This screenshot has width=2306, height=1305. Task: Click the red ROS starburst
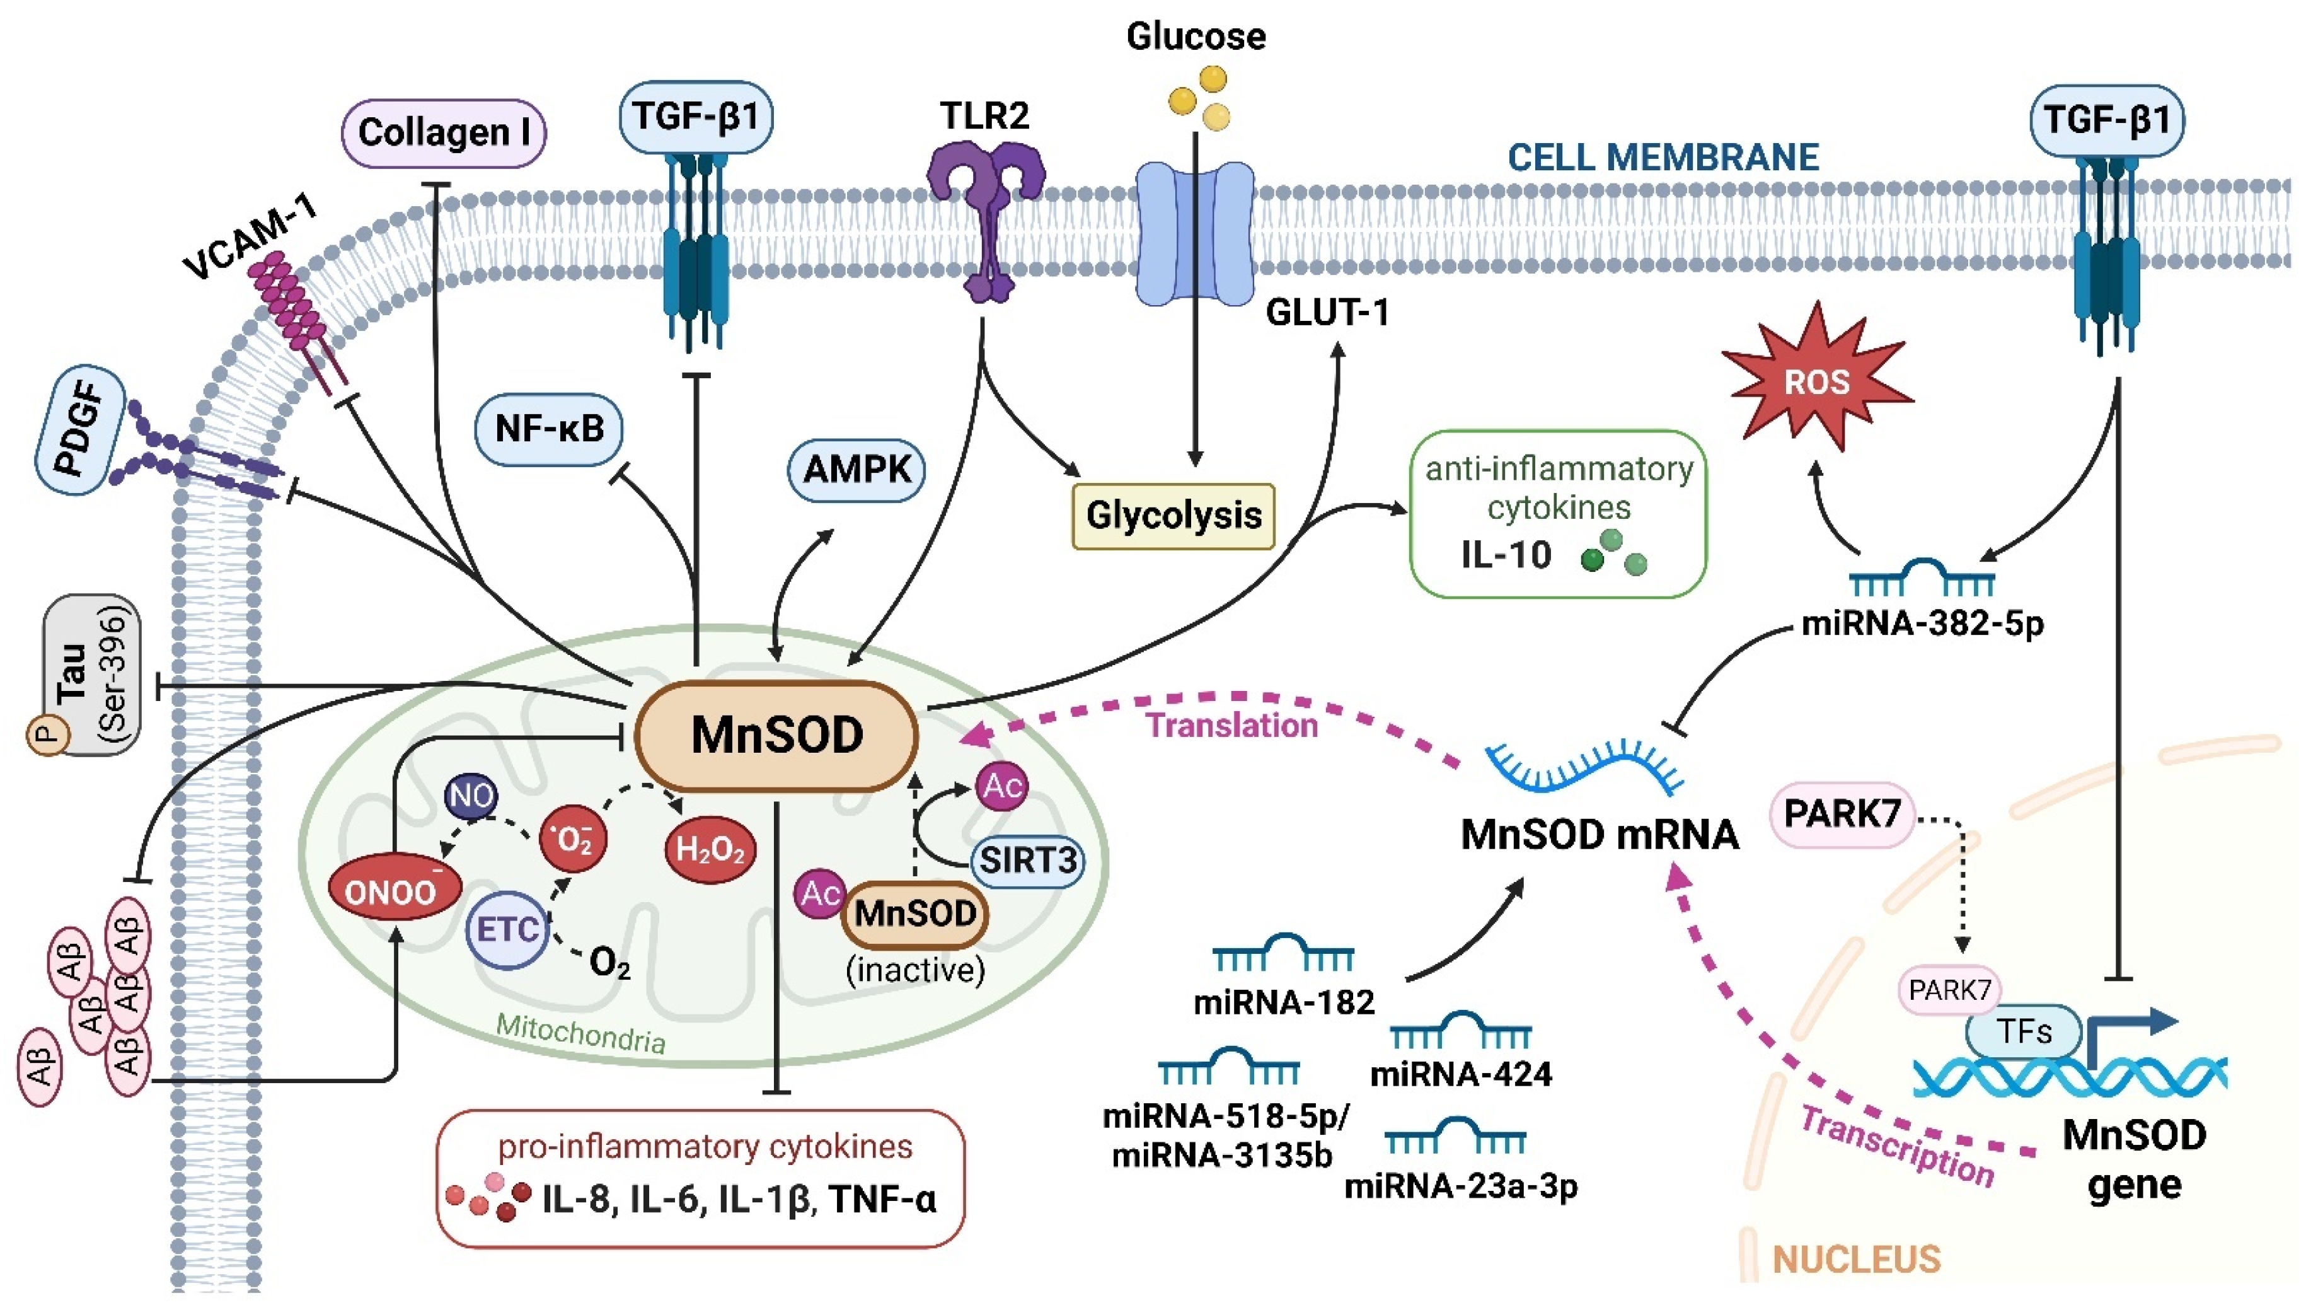click(x=1816, y=383)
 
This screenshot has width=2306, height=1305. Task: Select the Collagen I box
click(x=444, y=132)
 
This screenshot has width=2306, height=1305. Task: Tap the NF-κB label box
click(x=549, y=429)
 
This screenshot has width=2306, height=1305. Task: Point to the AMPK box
click(x=856, y=469)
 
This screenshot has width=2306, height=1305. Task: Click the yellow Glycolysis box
click(x=1173, y=515)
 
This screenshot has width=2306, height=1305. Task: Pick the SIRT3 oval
click(x=1027, y=861)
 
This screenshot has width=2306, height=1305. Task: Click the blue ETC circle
click(x=507, y=929)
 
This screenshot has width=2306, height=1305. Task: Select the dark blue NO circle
click(x=472, y=796)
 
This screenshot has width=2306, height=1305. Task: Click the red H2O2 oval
click(x=710, y=849)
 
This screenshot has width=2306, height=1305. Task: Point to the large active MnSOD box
click(x=776, y=736)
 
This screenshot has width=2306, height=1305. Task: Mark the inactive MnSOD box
click(x=914, y=914)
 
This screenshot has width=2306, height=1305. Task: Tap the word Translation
click(x=1232, y=725)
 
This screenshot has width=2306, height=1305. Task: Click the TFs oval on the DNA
click(x=2024, y=1031)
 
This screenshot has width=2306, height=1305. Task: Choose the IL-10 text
click(x=1506, y=555)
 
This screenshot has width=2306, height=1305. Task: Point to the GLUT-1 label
click(x=1327, y=313)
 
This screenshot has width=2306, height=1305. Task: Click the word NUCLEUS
click(x=1856, y=1259)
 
